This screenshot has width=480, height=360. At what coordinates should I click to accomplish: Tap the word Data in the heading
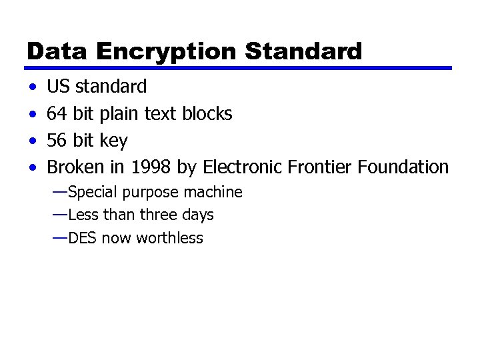point(58,51)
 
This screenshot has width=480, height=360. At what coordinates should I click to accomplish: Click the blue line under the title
point(239,68)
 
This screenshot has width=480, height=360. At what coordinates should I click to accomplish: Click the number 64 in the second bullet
point(57,114)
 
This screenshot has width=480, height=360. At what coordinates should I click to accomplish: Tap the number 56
point(57,141)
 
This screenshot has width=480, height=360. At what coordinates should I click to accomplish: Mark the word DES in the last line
point(82,238)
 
